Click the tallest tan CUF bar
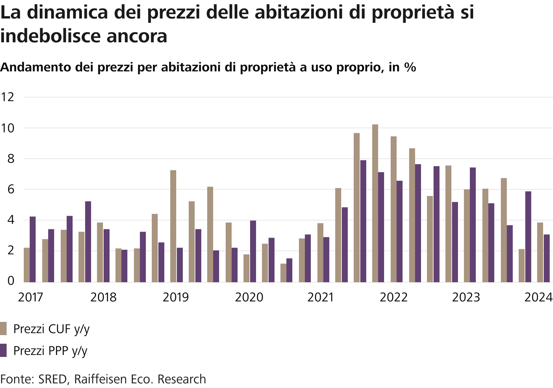point(375,203)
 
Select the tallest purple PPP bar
point(363,221)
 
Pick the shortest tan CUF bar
point(283,273)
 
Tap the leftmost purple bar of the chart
point(33,249)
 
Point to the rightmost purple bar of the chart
point(547,258)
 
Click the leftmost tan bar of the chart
point(27,265)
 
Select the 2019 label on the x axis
point(176,297)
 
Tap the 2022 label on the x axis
point(393,297)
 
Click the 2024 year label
point(538,297)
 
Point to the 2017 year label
point(30,297)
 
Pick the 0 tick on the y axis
point(11,281)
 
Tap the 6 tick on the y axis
point(11,189)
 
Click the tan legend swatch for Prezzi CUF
point(3,329)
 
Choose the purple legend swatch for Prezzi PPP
point(3,350)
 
